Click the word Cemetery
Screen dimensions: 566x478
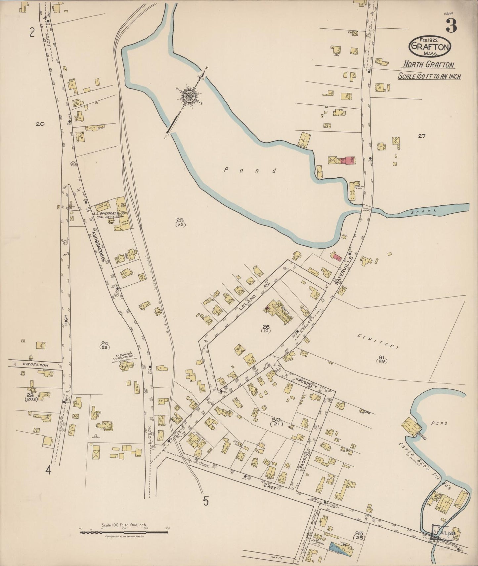[379, 341]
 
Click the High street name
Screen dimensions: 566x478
[66, 320]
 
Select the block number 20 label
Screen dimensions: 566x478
[40, 124]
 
